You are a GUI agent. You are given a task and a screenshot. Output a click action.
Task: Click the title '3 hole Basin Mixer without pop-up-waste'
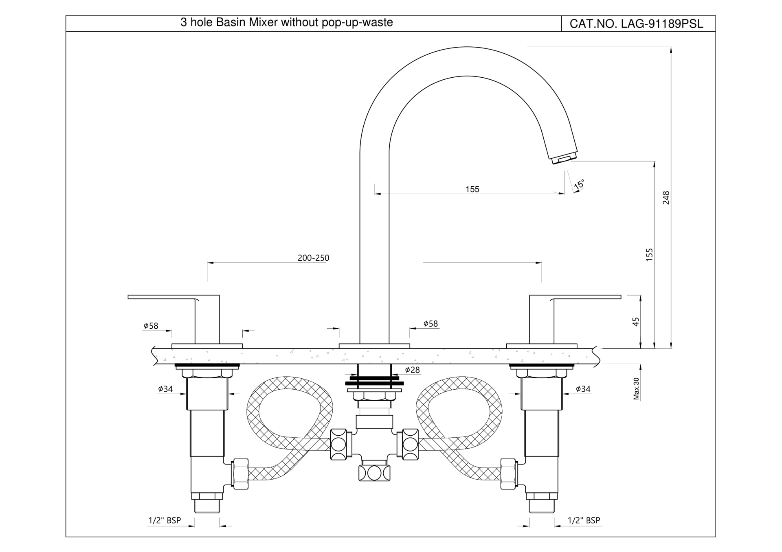(286, 22)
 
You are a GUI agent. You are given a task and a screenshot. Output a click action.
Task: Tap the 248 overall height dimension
(666, 198)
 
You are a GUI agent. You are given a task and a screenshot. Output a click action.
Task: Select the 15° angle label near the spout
(579, 184)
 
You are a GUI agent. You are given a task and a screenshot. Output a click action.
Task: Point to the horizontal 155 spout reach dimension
(472, 189)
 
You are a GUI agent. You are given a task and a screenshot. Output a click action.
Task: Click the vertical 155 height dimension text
(649, 255)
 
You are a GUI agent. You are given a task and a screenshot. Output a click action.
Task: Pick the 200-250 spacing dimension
(313, 258)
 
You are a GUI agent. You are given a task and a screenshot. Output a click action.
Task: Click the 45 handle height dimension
(636, 322)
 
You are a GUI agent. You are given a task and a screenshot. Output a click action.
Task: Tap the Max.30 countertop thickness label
(636, 388)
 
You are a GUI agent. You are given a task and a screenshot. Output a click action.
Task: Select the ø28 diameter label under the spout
(412, 370)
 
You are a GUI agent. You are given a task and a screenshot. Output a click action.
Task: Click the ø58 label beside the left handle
(151, 326)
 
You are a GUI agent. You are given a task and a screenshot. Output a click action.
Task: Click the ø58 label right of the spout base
(430, 324)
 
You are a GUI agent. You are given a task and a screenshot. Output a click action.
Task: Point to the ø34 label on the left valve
(165, 389)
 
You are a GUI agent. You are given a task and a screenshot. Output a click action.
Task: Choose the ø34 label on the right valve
(583, 389)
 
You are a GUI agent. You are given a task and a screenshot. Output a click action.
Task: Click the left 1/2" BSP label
(165, 520)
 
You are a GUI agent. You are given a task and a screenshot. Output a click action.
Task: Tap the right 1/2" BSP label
(584, 520)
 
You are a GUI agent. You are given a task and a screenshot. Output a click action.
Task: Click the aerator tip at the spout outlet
(565, 158)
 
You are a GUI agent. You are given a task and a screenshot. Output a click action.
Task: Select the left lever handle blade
(163, 297)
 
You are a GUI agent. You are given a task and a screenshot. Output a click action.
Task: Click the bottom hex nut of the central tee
(374, 473)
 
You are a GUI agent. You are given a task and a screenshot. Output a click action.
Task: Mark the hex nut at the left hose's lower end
(240, 474)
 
